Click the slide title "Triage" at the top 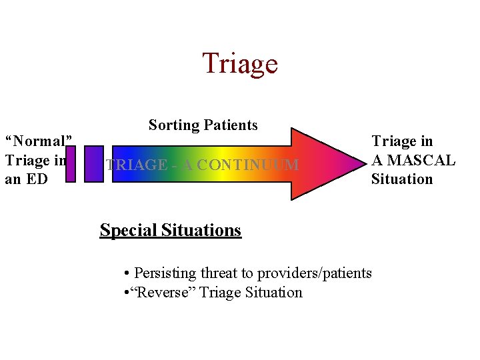[x=239, y=63]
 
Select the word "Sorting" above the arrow [x=173, y=125]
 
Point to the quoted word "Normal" [x=39, y=141]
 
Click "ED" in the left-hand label [x=39, y=179]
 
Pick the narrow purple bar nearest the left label [x=71, y=163]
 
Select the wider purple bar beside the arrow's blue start [x=95, y=163]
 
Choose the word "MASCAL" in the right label [x=421, y=160]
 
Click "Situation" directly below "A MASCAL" [x=402, y=179]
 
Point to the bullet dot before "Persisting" [x=127, y=273]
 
